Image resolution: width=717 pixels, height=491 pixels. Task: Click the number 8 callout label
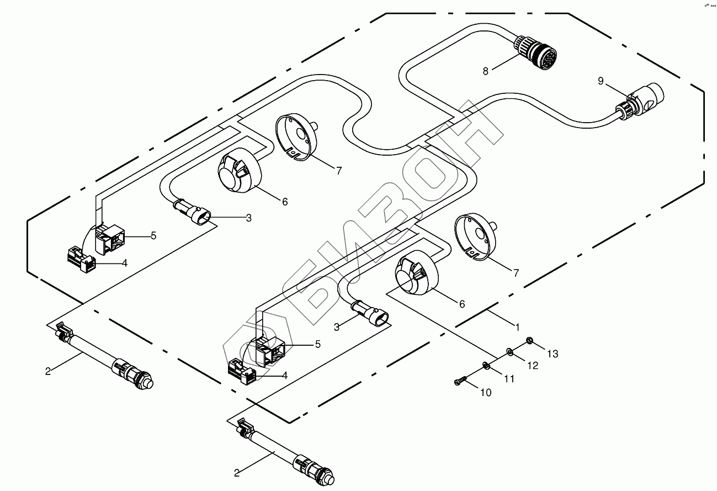[485, 71]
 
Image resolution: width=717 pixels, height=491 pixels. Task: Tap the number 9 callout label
[601, 81]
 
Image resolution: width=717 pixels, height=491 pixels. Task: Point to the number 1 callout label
[518, 327]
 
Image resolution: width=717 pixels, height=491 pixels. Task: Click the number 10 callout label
[485, 393]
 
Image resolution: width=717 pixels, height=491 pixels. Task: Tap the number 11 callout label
[508, 379]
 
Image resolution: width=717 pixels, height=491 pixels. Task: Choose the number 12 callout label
[532, 365]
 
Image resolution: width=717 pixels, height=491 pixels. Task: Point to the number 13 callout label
[553, 353]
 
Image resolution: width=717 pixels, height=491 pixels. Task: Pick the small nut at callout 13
[529, 340]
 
